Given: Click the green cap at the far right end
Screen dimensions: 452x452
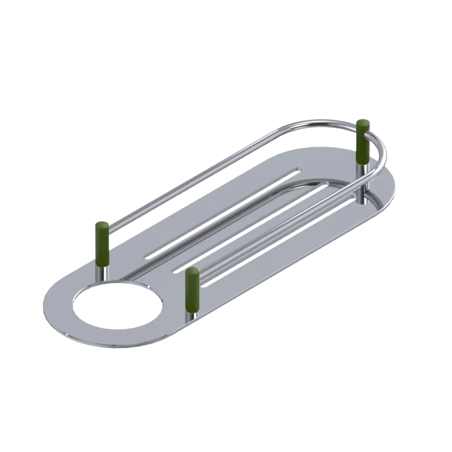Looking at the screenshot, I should point(363,142).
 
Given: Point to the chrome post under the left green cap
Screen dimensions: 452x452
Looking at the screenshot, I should point(103,273).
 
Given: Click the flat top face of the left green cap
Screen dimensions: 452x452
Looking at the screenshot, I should point(102,224).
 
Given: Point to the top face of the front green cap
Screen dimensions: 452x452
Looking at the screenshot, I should point(193,270).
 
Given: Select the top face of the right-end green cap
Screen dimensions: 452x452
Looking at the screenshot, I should point(363,122).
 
